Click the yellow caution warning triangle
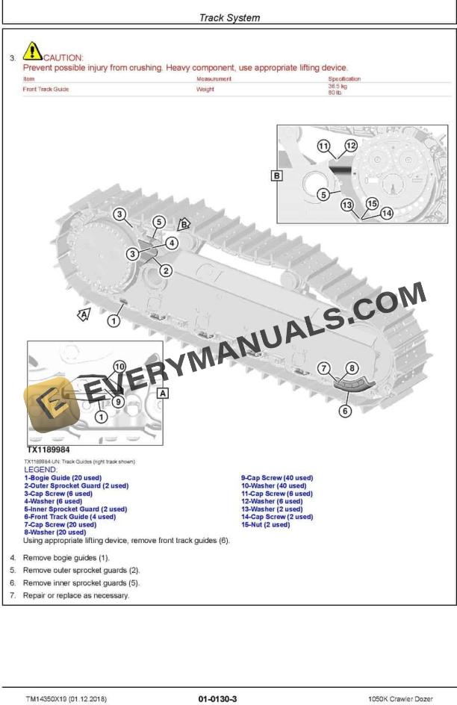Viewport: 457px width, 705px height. pos(33,50)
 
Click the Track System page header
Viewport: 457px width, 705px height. pos(229,18)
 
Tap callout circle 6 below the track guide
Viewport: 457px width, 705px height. pos(345,411)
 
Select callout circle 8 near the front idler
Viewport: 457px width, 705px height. pos(352,367)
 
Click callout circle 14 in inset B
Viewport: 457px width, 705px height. pos(386,213)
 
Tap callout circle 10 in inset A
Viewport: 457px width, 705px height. pos(119,367)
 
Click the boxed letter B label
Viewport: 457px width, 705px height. pos(276,176)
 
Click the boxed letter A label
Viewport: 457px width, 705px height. pos(163,392)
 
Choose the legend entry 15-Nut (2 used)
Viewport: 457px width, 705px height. pos(265,524)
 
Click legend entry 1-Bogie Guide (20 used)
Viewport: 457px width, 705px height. pos(63,477)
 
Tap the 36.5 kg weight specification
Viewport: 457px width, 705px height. pos(338,86)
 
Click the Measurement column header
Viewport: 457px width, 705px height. pos(214,78)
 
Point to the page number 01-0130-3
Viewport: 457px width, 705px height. pos(217,698)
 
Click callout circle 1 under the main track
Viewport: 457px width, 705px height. pos(114,321)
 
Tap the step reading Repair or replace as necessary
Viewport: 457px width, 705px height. pos(75,595)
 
